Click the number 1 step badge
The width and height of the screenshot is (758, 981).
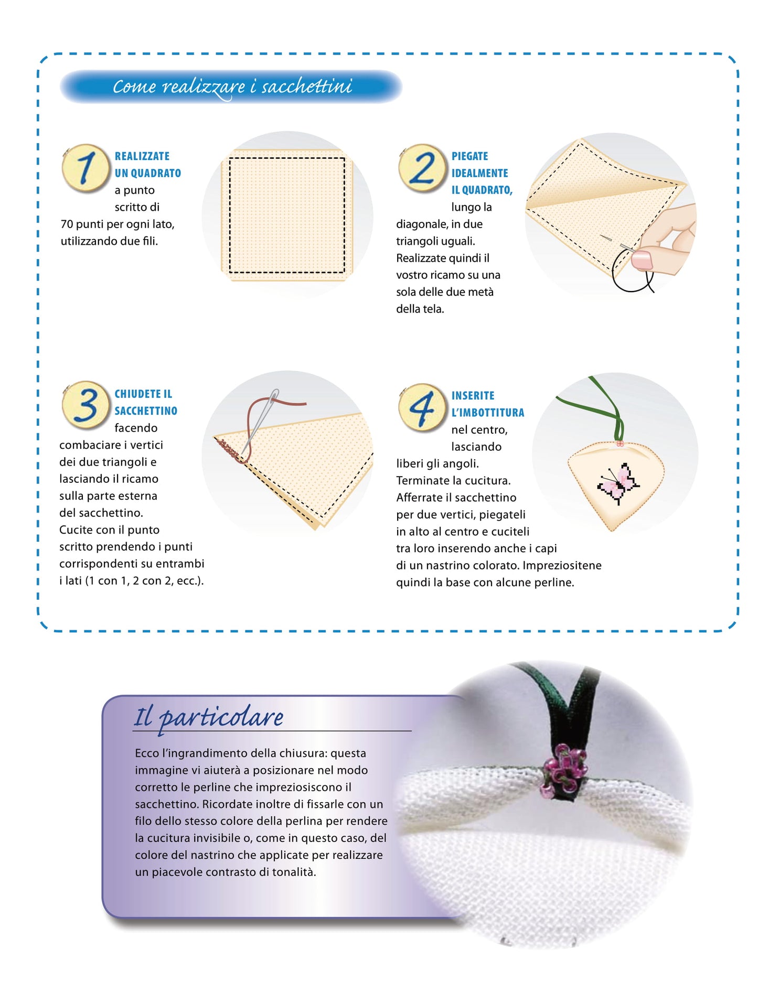86,168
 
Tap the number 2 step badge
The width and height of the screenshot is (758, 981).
422,168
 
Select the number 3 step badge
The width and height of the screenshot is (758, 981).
86,405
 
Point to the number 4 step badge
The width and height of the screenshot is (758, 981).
422,407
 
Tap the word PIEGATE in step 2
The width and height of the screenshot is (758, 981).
469,156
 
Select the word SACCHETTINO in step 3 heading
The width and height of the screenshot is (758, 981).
146,411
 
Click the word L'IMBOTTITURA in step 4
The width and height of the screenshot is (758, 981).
488,413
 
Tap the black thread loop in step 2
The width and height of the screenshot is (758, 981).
631,272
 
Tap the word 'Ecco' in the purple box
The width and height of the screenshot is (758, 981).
147,753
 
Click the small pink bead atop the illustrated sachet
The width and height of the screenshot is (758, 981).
620,444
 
